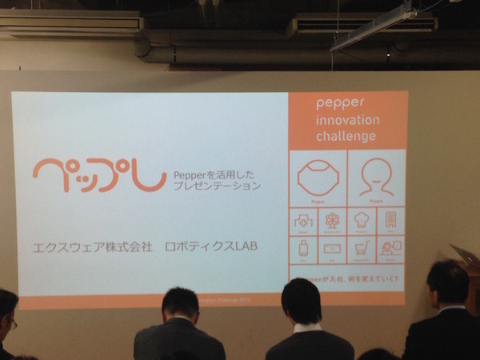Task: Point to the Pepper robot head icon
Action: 318,177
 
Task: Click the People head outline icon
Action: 375,177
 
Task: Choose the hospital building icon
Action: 303,221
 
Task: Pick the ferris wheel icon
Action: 332,221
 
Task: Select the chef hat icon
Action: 362,221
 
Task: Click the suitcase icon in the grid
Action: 303,249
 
